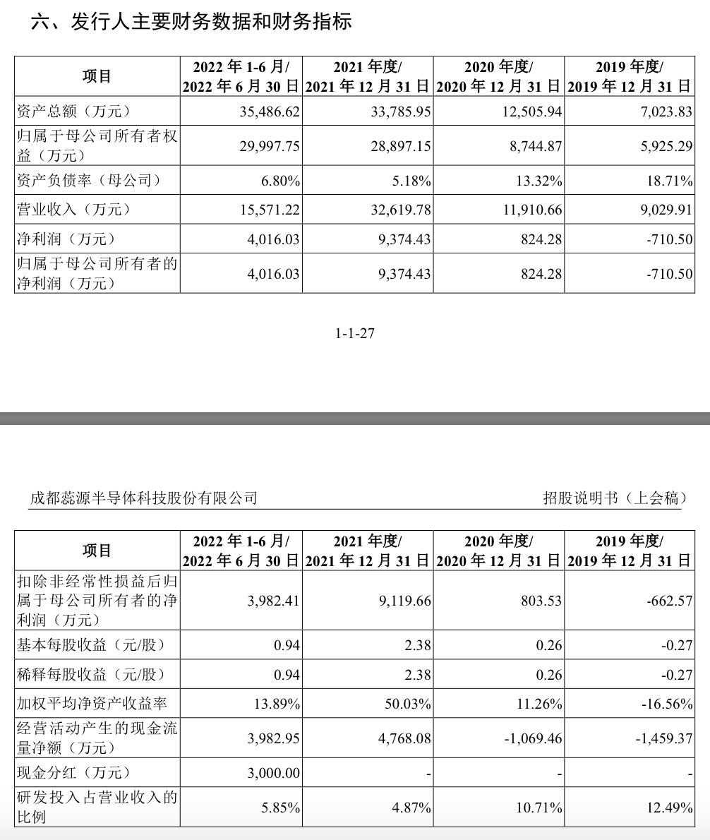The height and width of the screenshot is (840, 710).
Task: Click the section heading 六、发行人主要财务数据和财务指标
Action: pos(191,22)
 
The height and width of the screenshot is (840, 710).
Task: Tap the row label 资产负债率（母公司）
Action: pos(89,181)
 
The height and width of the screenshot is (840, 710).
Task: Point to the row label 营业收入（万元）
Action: pos(74,210)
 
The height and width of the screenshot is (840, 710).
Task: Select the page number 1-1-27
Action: pos(355,333)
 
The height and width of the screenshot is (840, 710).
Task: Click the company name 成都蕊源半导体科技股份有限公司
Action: pos(143,498)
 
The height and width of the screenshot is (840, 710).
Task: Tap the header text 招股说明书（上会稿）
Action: pos(615,498)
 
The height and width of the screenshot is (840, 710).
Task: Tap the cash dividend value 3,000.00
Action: pos(274,773)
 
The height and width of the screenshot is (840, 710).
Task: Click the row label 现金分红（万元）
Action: pos(74,773)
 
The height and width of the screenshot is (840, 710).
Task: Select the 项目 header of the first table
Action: pos(97,76)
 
